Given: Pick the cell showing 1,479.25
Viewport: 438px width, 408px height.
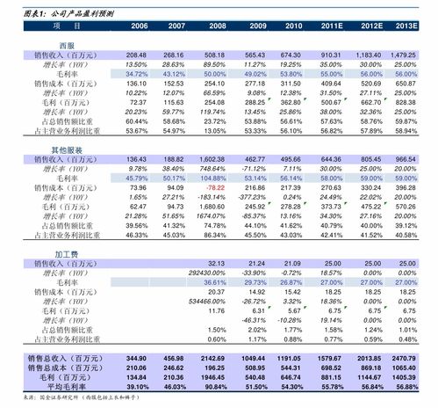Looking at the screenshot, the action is click(404, 55).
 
